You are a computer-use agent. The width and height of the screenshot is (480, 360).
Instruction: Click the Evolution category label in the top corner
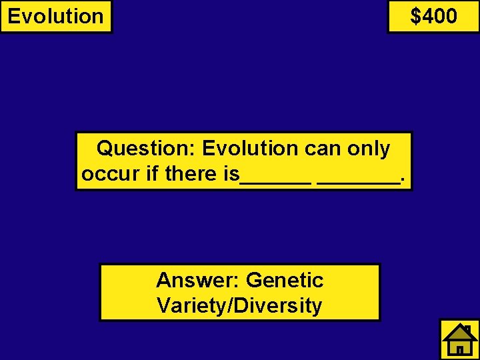(x=56, y=16)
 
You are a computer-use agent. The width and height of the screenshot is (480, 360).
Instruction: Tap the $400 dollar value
(x=434, y=15)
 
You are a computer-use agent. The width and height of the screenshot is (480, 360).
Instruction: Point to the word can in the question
(x=323, y=148)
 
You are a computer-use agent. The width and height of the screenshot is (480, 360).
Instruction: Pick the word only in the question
(x=369, y=148)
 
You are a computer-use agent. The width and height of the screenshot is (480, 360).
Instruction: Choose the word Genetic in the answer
(x=285, y=280)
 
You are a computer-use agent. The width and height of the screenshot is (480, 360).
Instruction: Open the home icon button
(x=460, y=339)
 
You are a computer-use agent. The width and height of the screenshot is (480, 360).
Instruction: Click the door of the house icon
(x=460, y=349)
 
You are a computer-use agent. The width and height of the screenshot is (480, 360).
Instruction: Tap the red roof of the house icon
(x=460, y=331)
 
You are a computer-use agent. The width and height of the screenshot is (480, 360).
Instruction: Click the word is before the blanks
(x=231, y=175)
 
